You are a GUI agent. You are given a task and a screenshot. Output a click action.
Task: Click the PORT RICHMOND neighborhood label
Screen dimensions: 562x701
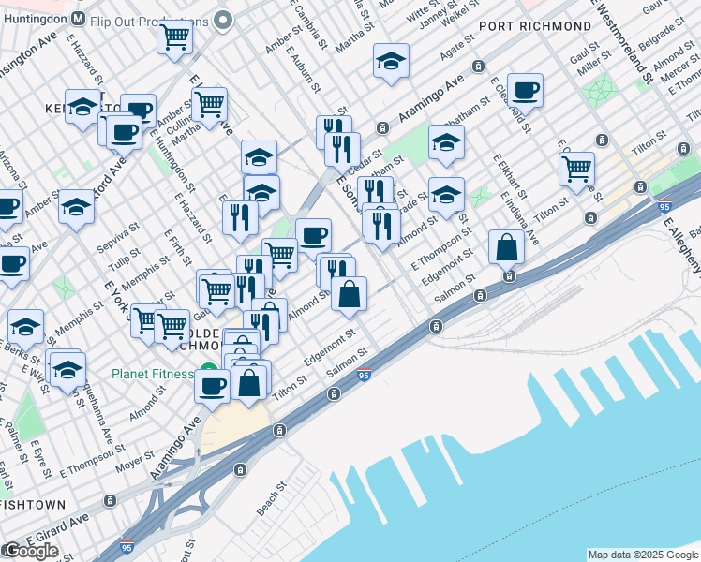[x=525, y=25]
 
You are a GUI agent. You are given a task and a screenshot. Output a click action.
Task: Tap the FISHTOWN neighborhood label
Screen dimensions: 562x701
[x=33, y=505]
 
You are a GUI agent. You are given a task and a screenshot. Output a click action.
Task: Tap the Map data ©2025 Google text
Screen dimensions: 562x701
[x=642, y=555]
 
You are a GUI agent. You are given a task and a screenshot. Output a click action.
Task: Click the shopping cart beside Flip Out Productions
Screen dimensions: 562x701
[x=174, y=38]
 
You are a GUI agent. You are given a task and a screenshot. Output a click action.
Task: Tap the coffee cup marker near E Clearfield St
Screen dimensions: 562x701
[x=525, y=90]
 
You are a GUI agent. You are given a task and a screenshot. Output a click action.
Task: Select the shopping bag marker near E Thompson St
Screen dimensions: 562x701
[x=506, y=247]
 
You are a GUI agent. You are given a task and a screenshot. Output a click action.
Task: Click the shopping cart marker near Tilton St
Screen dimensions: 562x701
[x=575, y=169]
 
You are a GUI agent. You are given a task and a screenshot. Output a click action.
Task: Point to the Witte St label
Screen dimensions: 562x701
[x=424, y=11]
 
